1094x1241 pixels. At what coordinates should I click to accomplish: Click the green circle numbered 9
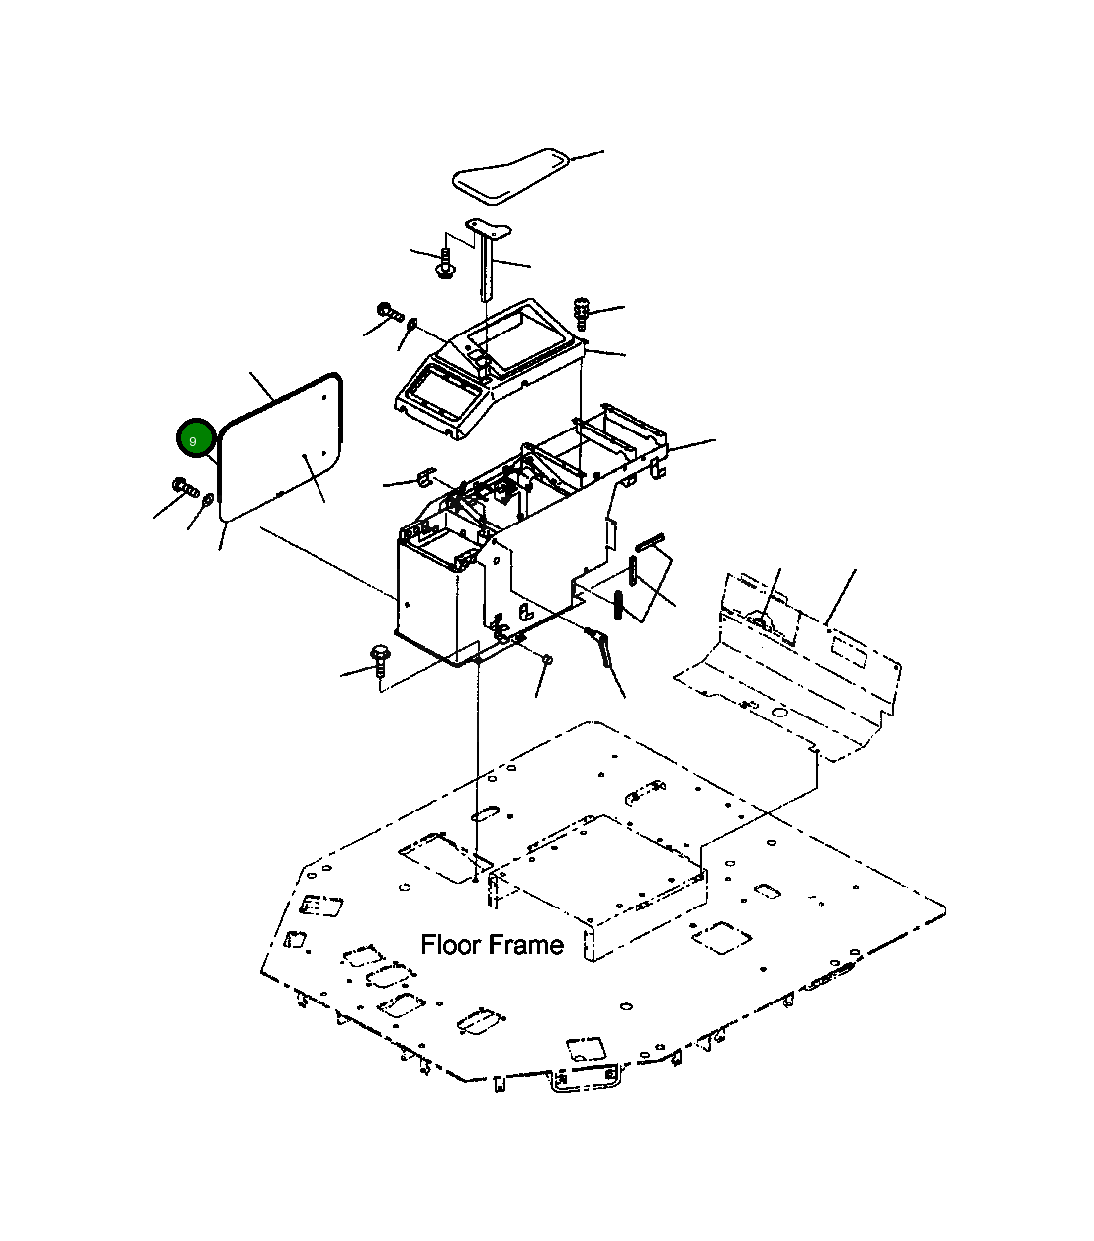click(196, 438)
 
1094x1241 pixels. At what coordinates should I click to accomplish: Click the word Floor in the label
click(451, 945)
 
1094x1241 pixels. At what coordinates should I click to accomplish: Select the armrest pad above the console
click(511, 175)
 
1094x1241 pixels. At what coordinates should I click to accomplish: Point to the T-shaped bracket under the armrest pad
click(488, 257)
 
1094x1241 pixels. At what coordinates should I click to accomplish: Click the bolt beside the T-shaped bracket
click(445, 263)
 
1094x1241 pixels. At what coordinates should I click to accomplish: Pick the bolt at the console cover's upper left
click(391, 313)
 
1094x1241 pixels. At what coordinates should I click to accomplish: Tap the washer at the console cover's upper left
click(412, 323)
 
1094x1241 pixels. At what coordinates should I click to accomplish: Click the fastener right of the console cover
click(580, 314)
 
